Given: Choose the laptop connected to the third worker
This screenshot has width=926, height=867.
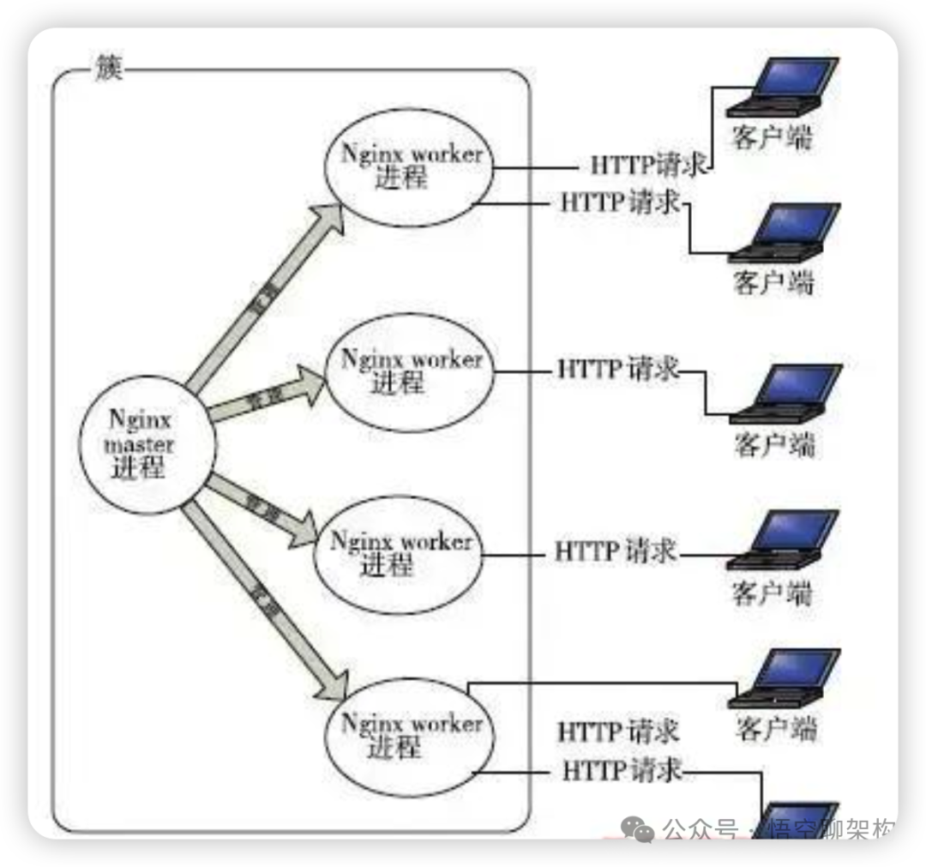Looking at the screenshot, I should (782, 540).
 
